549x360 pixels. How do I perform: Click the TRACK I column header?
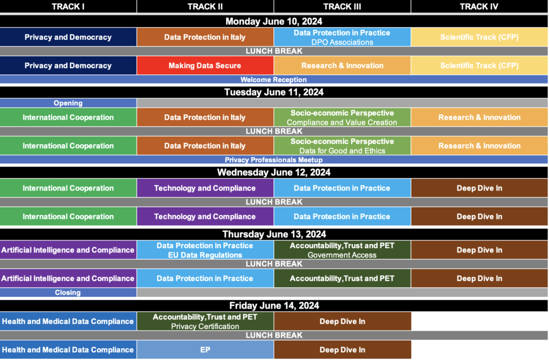point(68,6)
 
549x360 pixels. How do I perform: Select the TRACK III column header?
point(342,6)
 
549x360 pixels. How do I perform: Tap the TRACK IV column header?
point(479,6)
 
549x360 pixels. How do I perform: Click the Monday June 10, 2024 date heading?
point(274,21)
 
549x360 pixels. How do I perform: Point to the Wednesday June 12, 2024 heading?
point(274,172)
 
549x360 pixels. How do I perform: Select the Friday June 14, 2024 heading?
point(274,305)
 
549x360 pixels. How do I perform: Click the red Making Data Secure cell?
point(205,65)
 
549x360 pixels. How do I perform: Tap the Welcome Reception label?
point(273,79)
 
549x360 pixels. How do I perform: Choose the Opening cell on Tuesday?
point(68,103)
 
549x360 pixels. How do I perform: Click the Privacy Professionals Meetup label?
point(273,160)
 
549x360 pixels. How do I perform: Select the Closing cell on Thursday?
point(68,292)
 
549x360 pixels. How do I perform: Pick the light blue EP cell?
point(205,349)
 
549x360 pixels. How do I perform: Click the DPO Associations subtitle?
point(342,42)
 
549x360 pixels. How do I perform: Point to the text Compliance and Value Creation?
point(342,123)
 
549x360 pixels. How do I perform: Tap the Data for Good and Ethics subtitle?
point(342,151)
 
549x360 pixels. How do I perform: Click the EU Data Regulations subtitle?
point(205,255)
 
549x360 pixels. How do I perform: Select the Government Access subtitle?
point(342,255)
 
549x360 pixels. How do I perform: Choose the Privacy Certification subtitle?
point(205,326)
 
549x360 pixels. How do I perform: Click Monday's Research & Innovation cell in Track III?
point(342,65)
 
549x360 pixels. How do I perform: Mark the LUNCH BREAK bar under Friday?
point(274,335)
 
